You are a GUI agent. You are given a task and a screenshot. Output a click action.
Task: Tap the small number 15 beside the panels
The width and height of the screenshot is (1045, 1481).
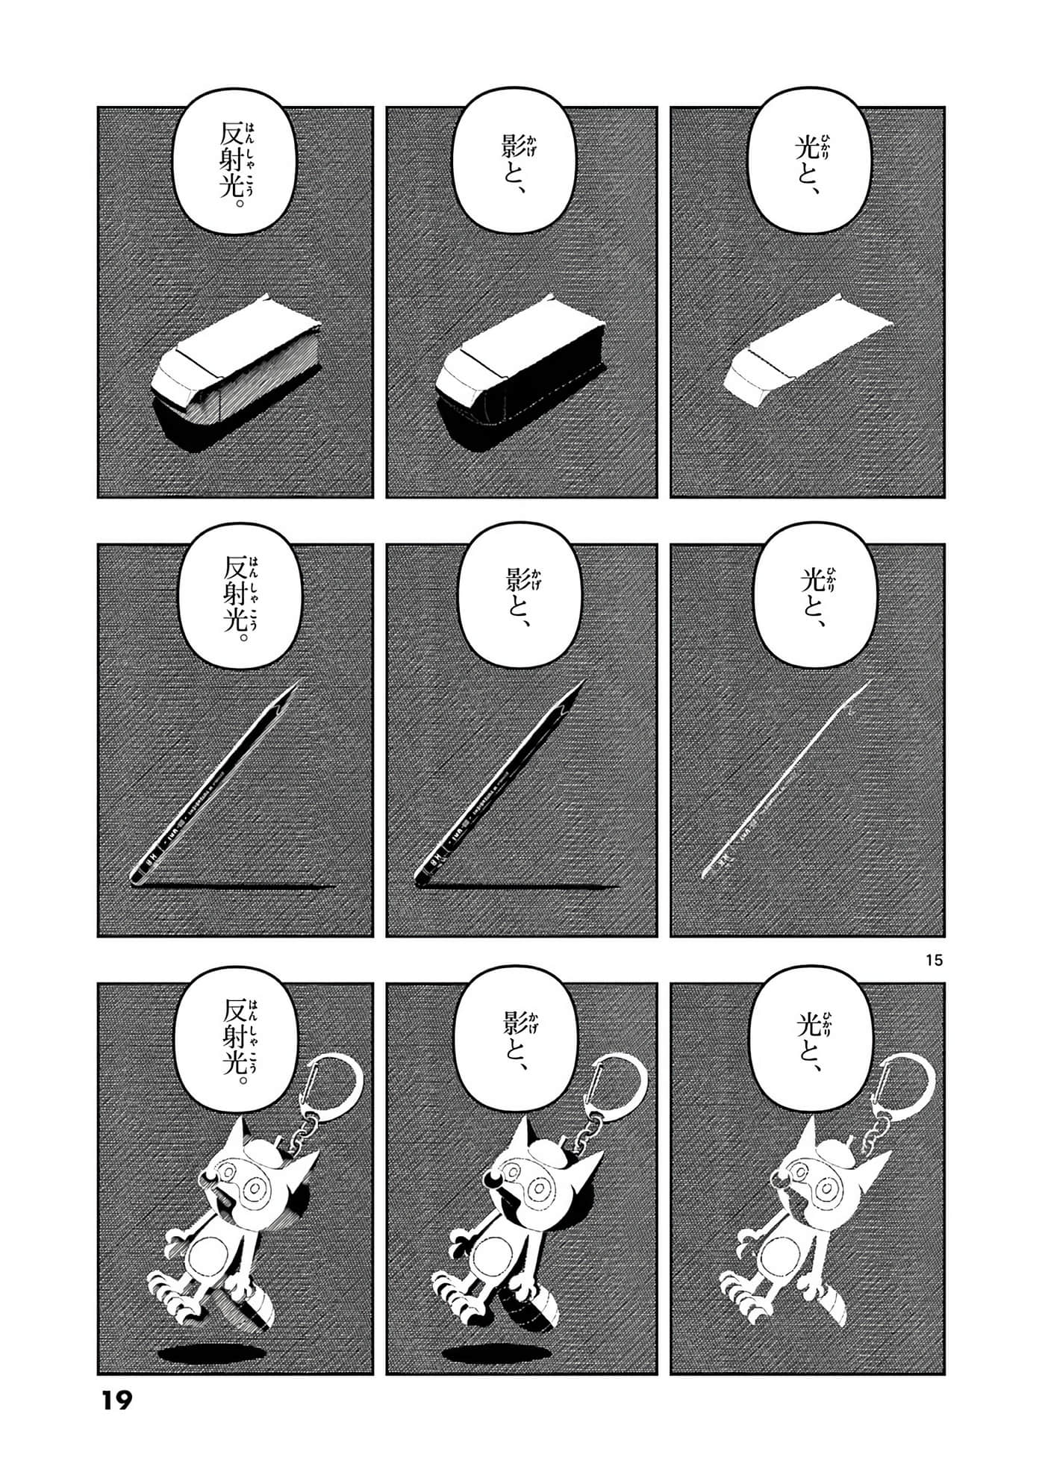[933, 961]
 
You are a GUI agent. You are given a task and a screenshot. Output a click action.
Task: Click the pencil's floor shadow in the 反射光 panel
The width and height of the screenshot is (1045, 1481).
[239, 887]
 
